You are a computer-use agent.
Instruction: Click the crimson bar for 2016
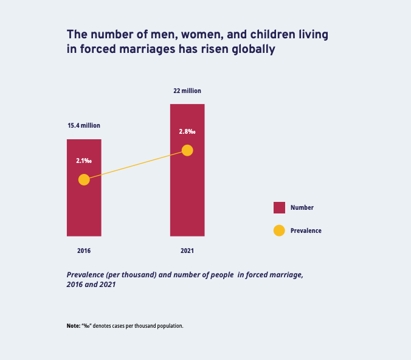[84, 207]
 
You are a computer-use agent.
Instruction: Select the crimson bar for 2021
[187, 195]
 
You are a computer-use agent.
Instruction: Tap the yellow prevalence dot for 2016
[84, 179]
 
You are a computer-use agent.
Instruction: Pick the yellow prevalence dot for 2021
[187, 150]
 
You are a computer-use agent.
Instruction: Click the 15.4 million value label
[84, 126]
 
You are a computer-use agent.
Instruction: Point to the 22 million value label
[187, 91]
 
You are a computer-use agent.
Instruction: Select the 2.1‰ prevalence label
[84, 161]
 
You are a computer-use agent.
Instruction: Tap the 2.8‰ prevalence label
[187, 132]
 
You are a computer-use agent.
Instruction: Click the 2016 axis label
[84, 251]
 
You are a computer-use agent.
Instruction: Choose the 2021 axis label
[187, 251]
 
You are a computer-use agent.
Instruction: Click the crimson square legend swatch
[279, 207]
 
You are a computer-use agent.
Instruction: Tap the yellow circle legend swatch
[279, 230]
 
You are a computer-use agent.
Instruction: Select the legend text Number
[302, 207]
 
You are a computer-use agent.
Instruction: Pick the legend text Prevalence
[306, 230]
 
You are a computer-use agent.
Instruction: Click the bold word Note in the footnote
[73, 326]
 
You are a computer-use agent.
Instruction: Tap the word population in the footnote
[169, 326]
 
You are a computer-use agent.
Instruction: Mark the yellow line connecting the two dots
[136, 165]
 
